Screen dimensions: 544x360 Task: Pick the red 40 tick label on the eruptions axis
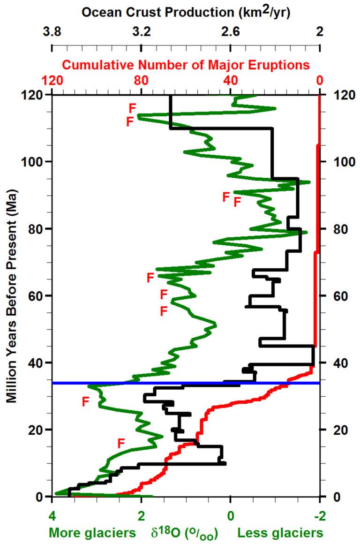pyautogui.click(x=230, y=80)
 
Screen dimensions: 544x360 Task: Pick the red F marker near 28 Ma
pyautogui.click(x=85, y=402)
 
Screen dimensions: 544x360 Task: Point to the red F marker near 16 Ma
pyautogui.click(x=121, y=443)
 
